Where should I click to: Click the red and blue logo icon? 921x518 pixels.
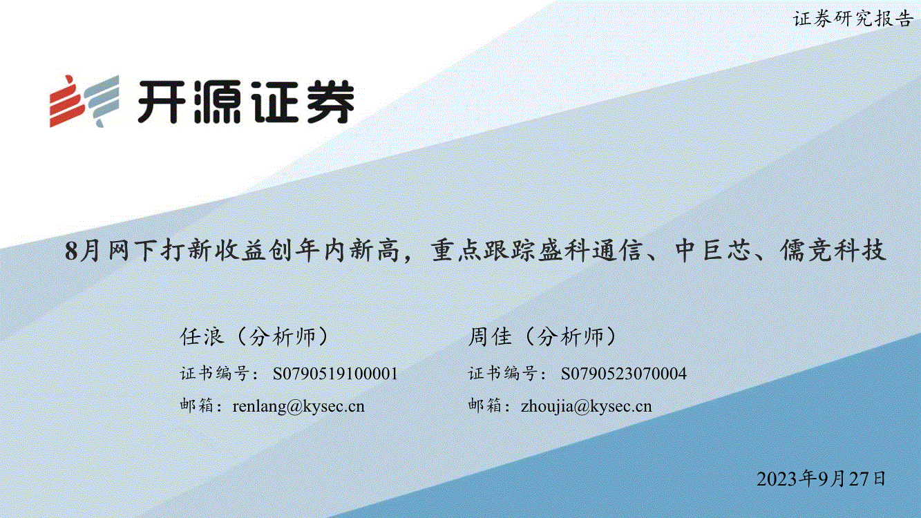84,101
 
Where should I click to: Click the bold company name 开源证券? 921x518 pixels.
246,102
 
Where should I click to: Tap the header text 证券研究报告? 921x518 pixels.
853,19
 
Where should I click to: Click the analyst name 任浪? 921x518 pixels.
202,337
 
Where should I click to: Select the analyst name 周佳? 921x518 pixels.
490,337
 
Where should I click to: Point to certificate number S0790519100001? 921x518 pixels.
335,374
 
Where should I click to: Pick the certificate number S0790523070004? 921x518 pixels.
624,374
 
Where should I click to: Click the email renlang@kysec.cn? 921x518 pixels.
298,406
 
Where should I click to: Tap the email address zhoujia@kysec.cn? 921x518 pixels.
587,406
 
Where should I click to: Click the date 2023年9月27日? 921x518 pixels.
822,479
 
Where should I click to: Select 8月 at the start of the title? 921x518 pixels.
82,250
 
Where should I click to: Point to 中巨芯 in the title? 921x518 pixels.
714,250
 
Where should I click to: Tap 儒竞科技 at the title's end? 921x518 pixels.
833,250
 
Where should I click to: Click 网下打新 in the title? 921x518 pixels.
161,250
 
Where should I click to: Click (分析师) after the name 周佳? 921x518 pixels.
570,337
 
